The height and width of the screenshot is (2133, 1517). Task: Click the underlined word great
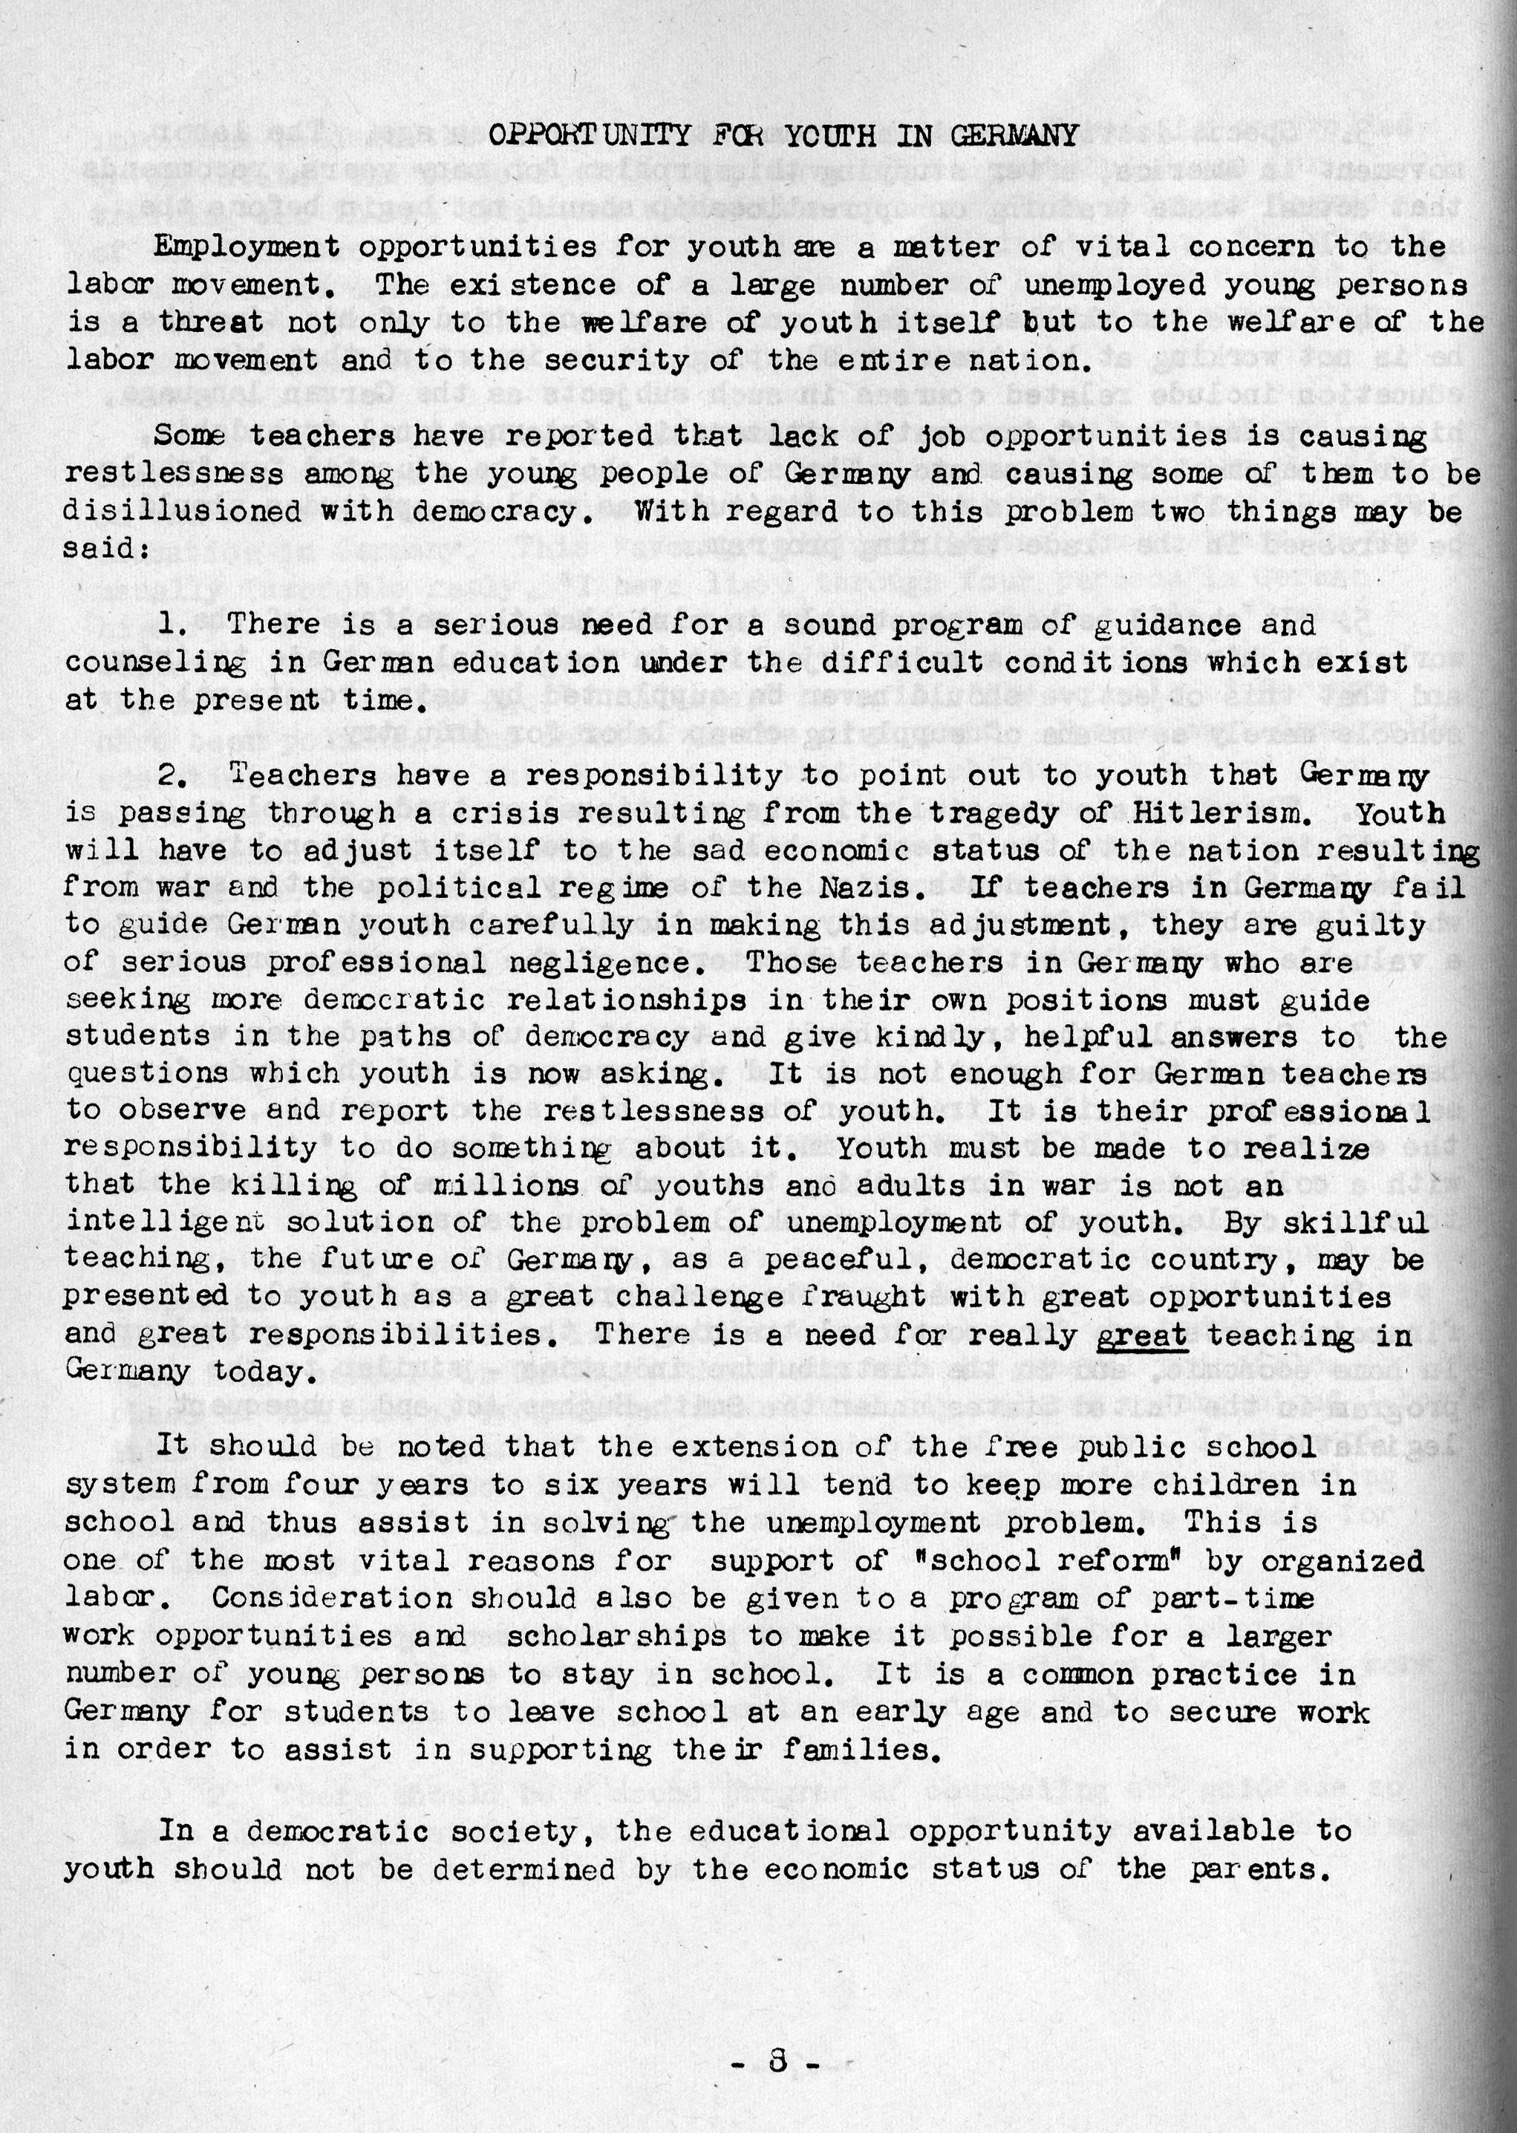pyautogui.click(x=1141, y=1335)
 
